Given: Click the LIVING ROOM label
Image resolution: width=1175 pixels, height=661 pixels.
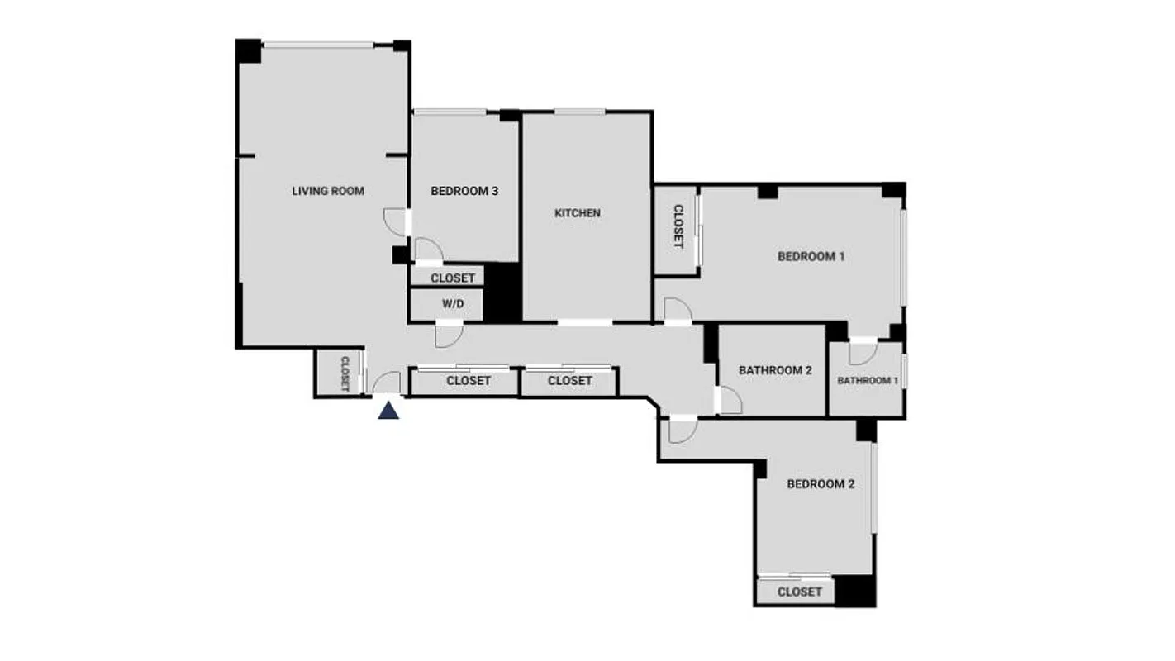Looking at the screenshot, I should coord(328,191).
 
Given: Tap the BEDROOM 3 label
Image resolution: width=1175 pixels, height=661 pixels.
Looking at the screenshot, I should coord(464,191).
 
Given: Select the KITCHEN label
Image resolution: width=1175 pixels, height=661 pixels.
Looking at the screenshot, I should coord(578,213).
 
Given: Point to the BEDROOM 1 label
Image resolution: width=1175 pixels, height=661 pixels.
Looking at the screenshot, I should coord(811,256).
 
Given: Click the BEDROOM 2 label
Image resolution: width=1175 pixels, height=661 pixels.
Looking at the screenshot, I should coord(820,484).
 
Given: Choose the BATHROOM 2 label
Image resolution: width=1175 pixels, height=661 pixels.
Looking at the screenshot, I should coord(775,370).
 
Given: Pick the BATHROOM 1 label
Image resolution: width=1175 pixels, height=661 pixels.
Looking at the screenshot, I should coord(868,381).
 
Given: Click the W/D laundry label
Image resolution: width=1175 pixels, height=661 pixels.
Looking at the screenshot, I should coord(452,304).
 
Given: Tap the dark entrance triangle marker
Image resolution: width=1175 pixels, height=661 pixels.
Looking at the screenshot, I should coord(388,410).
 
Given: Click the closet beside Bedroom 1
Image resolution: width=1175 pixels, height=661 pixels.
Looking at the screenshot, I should coord(678,227).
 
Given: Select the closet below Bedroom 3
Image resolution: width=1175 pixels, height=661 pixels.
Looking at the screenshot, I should coord(452,278).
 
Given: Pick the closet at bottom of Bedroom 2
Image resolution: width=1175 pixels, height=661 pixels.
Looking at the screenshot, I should coord(799,592).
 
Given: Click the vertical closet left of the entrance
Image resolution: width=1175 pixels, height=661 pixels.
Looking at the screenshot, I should coord(345,373).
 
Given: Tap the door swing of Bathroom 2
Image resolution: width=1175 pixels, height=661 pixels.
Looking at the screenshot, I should coord(730,401).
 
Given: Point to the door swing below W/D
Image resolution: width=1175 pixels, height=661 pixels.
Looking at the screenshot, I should coord(449,335).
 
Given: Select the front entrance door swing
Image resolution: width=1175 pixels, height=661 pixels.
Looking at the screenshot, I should coord(387,383).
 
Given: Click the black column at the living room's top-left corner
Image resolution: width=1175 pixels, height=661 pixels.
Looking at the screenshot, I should coord(248,51).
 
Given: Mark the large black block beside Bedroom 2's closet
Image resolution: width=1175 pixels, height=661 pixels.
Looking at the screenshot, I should coord(855,591).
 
